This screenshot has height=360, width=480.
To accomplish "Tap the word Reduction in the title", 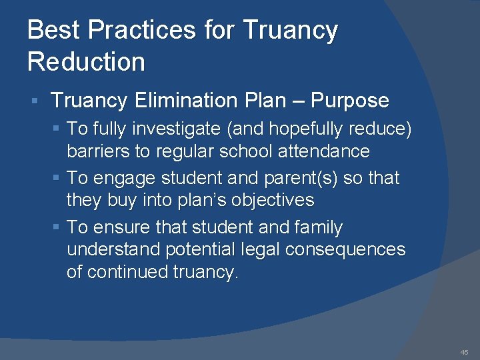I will tap(86, 62).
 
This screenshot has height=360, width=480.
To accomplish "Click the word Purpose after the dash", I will tap(350, 101).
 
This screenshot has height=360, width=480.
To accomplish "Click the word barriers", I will tap(98, 151).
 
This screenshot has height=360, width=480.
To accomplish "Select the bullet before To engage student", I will tap(57, 179).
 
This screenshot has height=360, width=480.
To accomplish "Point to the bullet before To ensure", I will tap(57, 228).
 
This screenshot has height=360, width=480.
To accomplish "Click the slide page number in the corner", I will tap(464, 352).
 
